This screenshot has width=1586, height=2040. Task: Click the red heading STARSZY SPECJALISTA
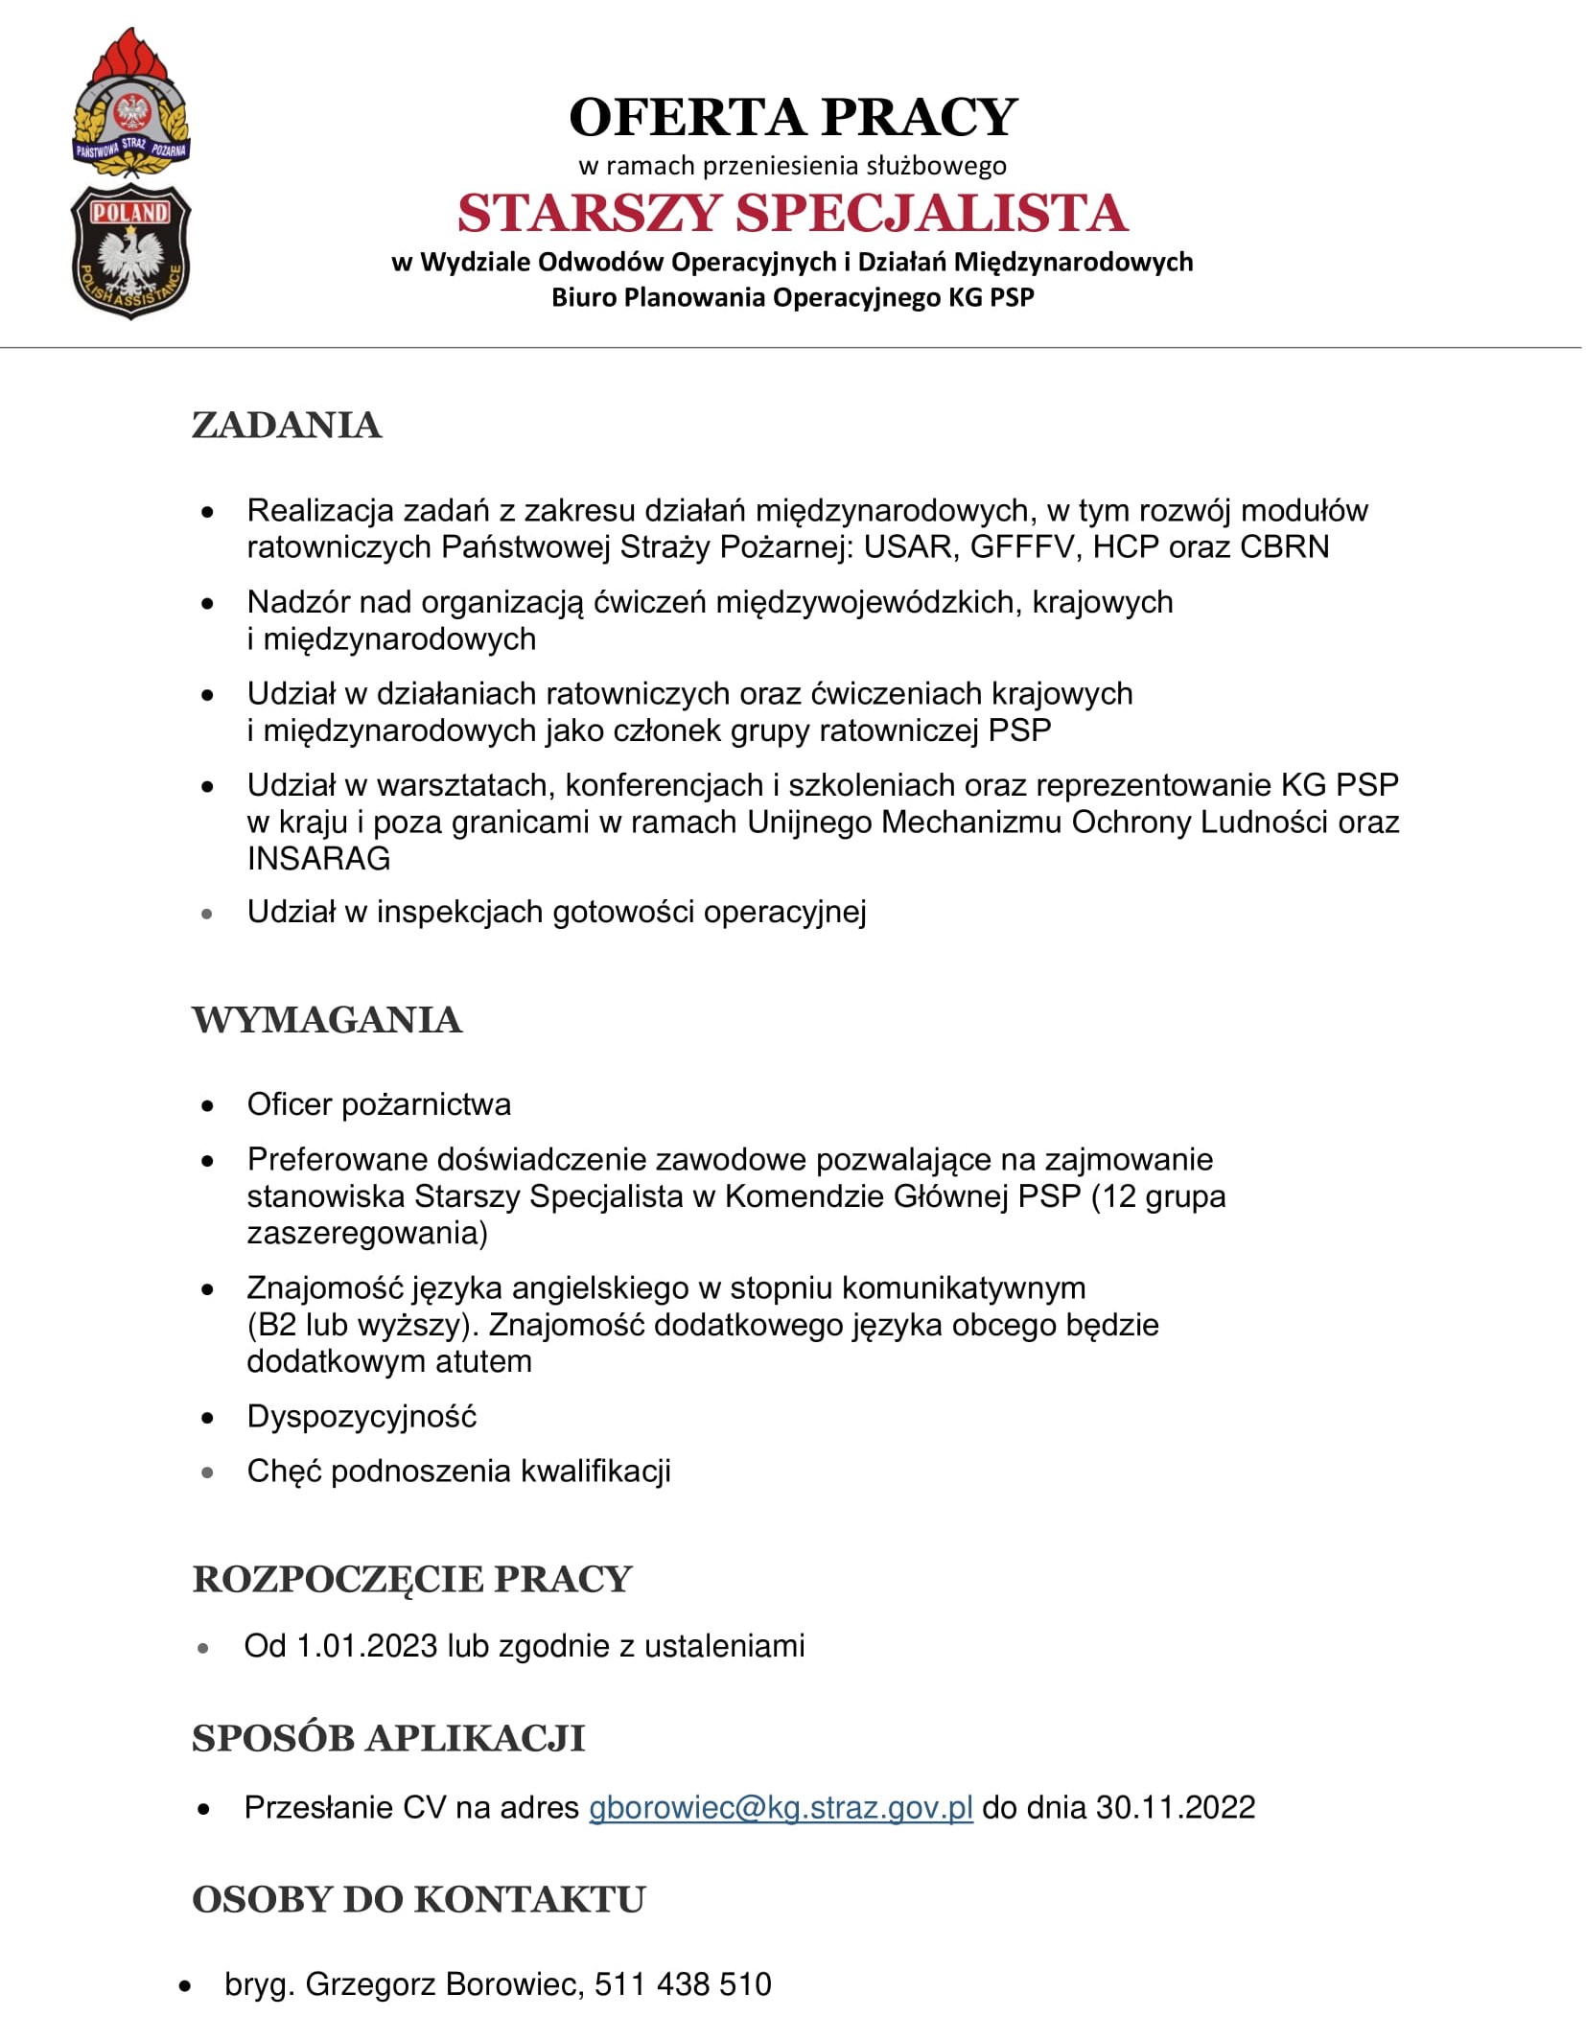click(792, 213)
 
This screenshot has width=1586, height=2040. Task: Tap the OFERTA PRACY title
click(792, 117)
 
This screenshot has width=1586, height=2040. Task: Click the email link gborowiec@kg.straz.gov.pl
click(781, 1807)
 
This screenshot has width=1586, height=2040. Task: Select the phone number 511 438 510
click(683, 1983)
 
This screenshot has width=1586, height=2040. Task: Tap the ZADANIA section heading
click(287, 425)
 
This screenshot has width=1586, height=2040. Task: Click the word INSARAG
click(318, 858)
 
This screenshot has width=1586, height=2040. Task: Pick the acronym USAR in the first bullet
click(906, 546)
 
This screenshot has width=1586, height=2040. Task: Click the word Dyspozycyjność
click(362, 1416)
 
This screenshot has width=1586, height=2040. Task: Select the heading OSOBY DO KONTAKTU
click(419, 1899)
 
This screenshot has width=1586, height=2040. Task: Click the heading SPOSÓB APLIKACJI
click(388, 1738)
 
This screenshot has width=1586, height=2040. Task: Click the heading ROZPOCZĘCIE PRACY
click(412, 1579)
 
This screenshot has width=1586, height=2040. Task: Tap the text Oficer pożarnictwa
click(379, 1104)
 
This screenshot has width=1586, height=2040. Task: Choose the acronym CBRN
click(1284, 546)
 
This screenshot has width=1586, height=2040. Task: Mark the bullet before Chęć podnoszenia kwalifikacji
click(207, 1472)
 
